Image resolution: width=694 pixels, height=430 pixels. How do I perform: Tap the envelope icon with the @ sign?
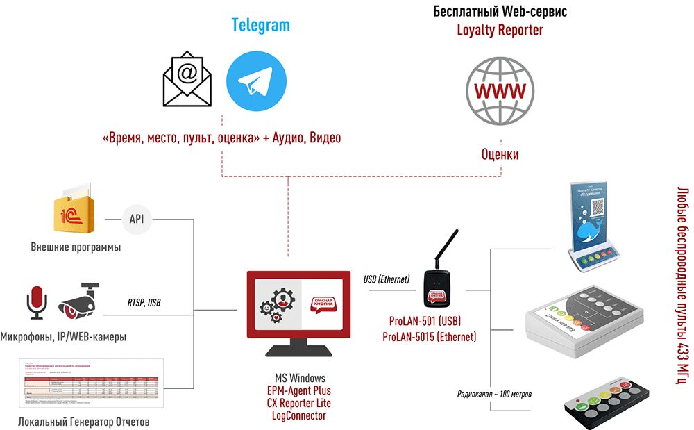pos(187,82)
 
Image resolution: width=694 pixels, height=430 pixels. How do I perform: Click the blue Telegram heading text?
pos(260,26)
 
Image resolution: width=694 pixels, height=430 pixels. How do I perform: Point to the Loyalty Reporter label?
pos(500,30)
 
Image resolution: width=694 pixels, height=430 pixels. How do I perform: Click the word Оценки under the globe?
pos(500,154)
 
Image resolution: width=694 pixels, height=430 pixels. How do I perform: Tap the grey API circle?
pos(136,220)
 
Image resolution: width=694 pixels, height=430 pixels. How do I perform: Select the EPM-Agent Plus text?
pos(299,390)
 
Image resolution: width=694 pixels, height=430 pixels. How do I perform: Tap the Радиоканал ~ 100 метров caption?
pos(495,395)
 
